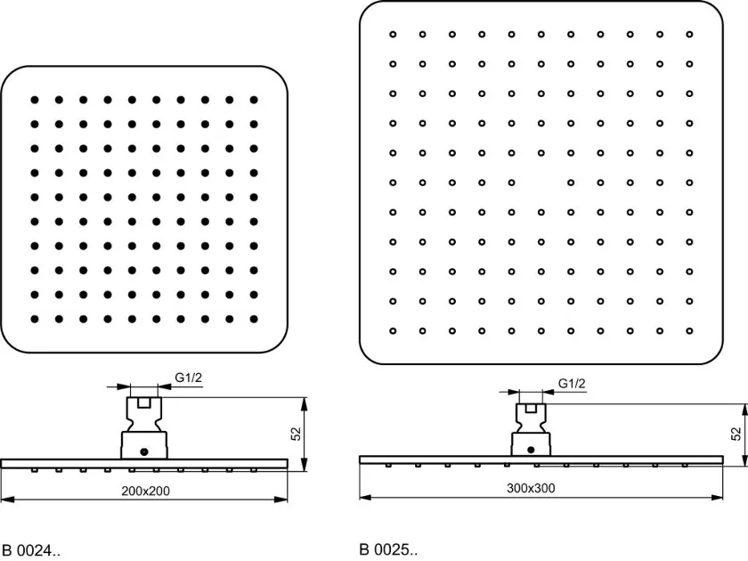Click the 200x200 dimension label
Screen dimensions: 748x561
click(145, 491)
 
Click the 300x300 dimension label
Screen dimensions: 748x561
click(531, 488)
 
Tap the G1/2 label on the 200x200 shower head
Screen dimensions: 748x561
click(189, 378)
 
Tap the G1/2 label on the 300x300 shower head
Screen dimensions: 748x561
click(572, 384)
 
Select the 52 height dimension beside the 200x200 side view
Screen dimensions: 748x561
click(297, 434)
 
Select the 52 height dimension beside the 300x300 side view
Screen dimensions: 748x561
click(736, 434)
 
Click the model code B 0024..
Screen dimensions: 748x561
click(31, 550)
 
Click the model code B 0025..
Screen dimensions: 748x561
click(388, 549)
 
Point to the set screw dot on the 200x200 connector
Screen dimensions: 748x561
click(144, 451)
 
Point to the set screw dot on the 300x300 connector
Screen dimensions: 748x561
click(531, 450)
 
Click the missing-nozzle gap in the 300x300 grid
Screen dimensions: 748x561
click(541, 183)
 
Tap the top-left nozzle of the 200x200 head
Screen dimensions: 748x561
click(35, 100)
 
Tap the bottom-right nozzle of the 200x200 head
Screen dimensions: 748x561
click(254, 319)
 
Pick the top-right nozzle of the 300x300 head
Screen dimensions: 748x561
click(689, 35)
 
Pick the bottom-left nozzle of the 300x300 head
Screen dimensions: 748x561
click(393, 331)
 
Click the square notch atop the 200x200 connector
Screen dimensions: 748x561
click(143, 403)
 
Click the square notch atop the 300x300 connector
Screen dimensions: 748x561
click(531, 409)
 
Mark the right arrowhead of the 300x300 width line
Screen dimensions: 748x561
click(717, 497)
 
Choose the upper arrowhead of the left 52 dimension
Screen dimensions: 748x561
click(305, 404)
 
